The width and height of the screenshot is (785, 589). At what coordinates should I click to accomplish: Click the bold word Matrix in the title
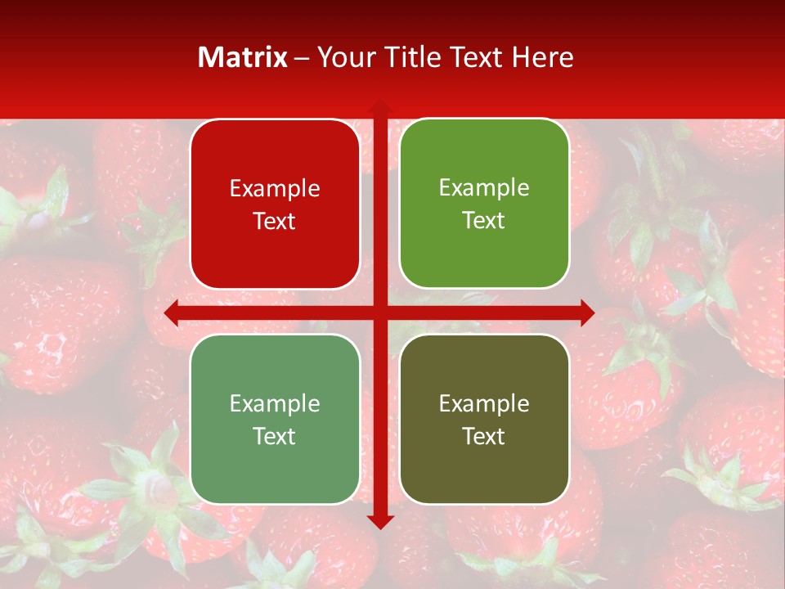pos(243,57)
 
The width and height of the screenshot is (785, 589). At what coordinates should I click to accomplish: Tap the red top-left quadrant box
pos(275,205)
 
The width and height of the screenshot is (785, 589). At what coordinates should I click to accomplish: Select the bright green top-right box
pos(484,204)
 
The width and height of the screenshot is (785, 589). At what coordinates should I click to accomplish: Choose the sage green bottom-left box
pos(275,419)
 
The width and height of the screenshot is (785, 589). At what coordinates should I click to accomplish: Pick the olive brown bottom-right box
pos(484,419)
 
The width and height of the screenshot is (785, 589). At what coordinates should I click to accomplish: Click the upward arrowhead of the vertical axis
pos(379,107)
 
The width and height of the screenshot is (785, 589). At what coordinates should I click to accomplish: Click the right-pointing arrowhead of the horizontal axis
pos(586,312)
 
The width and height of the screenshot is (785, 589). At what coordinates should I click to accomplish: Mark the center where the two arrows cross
pos(379,312)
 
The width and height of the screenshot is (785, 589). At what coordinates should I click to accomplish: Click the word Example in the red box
pos(275,189)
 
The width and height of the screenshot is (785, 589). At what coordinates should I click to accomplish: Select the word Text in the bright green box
pos(484,221)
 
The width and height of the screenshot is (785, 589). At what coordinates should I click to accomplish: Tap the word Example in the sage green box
pos(275,403)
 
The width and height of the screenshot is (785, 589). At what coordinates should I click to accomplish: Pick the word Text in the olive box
pos(484,436)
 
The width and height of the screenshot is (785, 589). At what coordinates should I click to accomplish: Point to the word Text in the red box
pos(275,222)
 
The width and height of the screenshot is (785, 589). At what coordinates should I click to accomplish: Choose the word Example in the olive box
pos(484,403)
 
